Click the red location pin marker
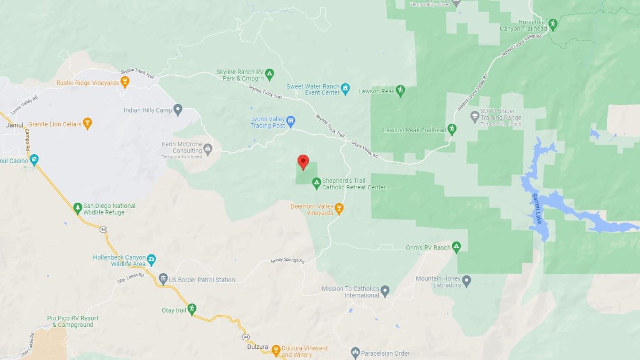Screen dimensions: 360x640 pos(303,162)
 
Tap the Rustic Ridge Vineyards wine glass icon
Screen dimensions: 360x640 pos(125,82)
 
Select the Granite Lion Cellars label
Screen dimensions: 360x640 pos(55,124)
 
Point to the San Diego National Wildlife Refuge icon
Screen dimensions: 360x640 pos(77,206)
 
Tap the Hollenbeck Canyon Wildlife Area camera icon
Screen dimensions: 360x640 pos(151,259)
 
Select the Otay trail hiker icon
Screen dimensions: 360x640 pos(191,309)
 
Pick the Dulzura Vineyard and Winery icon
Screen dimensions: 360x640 pos(276,350)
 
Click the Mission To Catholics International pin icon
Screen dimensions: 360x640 pos(385,290)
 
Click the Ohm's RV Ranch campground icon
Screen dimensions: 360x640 pos(456,246)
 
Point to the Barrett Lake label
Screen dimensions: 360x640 pos(536,209)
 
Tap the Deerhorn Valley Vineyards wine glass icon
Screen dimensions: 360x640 pos(339,207)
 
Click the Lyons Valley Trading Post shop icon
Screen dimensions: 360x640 pos(291,121)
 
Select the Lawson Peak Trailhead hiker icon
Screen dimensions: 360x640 pos(452,129)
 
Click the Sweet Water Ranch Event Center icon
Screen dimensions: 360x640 pos(346,88)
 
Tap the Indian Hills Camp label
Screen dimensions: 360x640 pos(148,110)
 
